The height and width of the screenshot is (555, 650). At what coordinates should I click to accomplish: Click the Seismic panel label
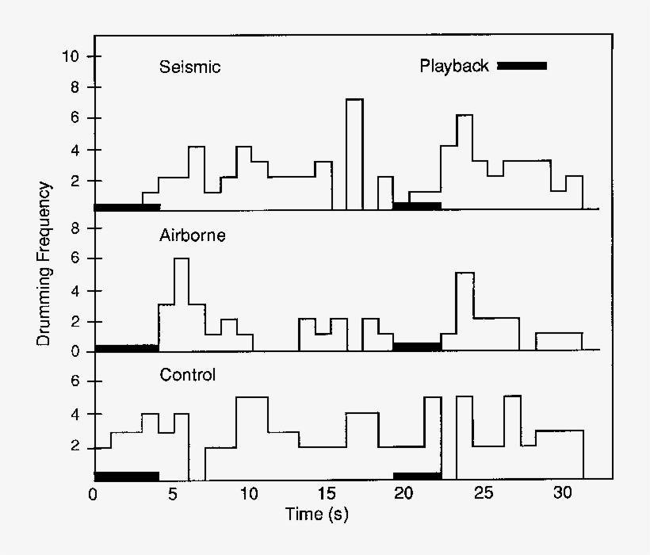click(x=189, y=67)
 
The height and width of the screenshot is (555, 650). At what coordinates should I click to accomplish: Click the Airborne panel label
click(x=193, y=235)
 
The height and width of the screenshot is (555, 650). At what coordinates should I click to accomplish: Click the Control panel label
click(x=188, y=374)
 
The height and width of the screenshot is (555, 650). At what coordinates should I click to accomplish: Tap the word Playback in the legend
click(x=454, y=66)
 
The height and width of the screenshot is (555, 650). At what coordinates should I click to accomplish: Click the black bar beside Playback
click(x=522, y=66)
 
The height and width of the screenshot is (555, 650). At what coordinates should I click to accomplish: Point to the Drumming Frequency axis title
click(x=44, y=264)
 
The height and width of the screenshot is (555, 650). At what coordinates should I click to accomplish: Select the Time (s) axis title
click(x=316, y=514)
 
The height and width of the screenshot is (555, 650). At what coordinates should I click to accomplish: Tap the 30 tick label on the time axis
click(x=562, y=493)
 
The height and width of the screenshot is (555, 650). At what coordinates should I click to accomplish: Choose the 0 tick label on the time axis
click(x=94, y=493)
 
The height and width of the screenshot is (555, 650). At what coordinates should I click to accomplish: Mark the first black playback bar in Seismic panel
click(x=127, y=207)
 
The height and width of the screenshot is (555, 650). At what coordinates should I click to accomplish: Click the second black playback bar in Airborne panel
click(x=417, y=346)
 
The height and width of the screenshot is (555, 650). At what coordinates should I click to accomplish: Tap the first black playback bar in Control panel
click(x=127, y=476)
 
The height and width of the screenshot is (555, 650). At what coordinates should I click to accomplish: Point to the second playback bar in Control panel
click(x=417, y=476)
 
